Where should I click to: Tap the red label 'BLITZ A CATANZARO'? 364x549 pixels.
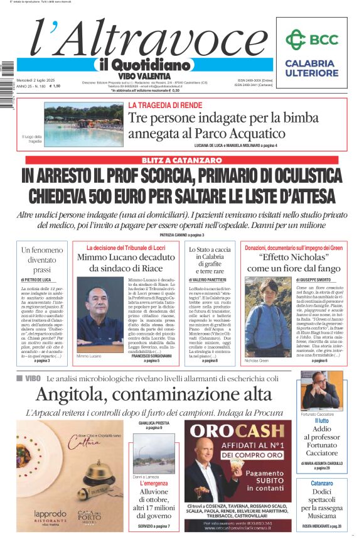pos(181,161)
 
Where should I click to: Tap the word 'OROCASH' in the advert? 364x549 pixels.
pos(238,430)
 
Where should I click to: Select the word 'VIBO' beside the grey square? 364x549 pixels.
pos(33,379)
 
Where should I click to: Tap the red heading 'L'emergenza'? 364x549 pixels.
pos(154,483)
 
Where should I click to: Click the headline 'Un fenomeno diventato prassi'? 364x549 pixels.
pos(43,259)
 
